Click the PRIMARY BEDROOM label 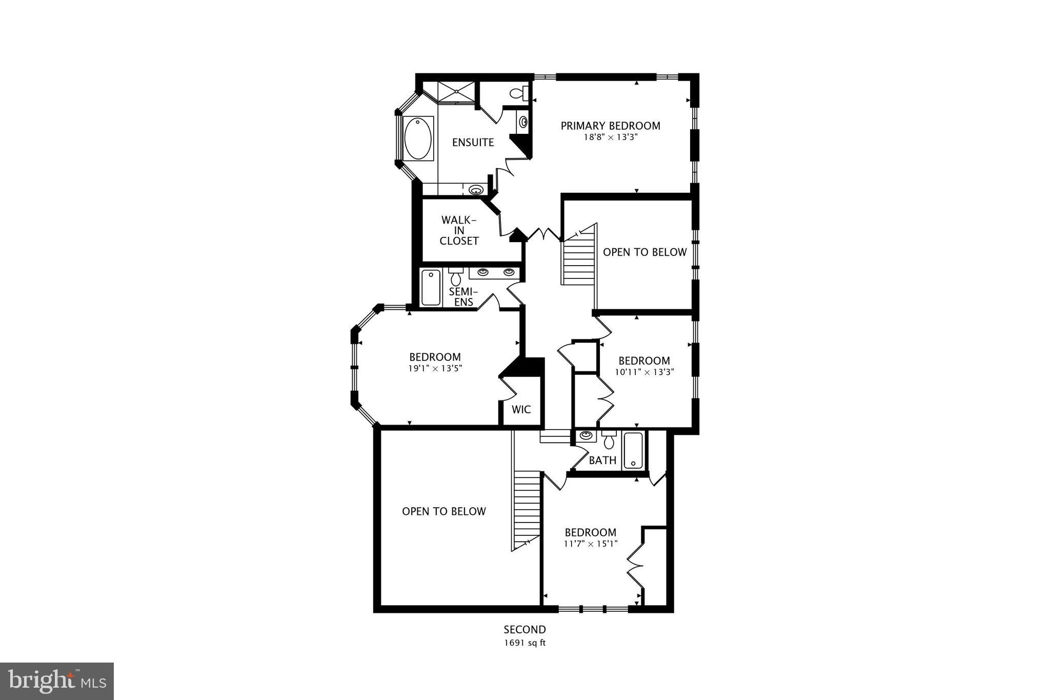(610, 126)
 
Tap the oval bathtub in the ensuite (418, 138)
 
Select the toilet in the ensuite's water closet (519, 93)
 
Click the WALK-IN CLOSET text (459, 231)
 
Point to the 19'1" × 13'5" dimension (435, 368)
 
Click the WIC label (521, 410)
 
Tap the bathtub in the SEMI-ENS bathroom (431, 288)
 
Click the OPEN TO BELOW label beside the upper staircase (644, 252)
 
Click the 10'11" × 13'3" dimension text (644, 372)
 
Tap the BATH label (602, 461)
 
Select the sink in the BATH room (586, 436)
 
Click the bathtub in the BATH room (634, 451)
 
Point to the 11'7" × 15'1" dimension (591, 544)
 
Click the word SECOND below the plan (524, 630)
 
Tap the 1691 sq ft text (524, 643)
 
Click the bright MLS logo (57, 681)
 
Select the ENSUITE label (473, 143)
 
